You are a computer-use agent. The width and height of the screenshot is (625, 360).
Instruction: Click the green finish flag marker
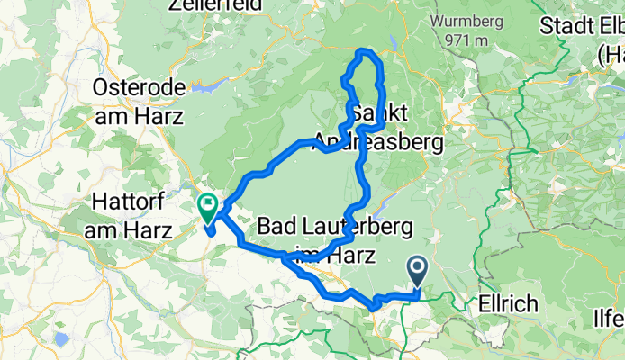pyautogui.click(x=207, y=210)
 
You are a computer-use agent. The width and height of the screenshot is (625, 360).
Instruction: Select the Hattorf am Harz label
pyautogui.click(x=135, y=217)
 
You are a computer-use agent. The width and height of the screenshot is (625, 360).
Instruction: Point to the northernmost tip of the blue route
pyautogui.click(x=364, y=51)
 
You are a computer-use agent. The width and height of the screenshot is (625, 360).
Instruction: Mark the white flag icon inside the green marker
pyautogui.click(x=208, y=204)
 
